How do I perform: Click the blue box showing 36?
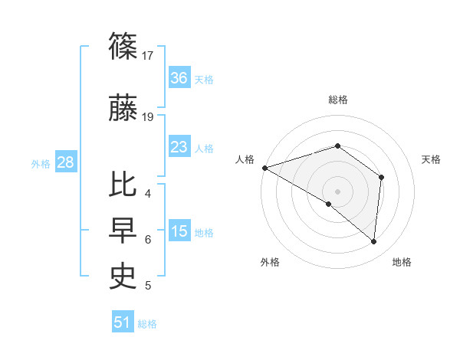click(179, 78)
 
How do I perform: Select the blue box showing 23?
click(179, 147)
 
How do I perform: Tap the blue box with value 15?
click(179, 231)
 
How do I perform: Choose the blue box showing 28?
click(65, 162)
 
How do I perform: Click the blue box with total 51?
click(123, 322)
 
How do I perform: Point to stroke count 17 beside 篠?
click(149, 56)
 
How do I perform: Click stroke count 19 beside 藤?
click(149, 117)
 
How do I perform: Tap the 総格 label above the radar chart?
click(338, 100)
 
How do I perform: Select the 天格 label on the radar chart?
click(431, 159)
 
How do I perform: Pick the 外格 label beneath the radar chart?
click(270, 263)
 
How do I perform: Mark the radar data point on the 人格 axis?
click(264, 168)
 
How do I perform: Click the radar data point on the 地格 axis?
click(373, 241)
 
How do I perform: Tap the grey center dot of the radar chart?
click(337, 191)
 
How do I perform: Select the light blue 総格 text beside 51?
click(147, 324)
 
